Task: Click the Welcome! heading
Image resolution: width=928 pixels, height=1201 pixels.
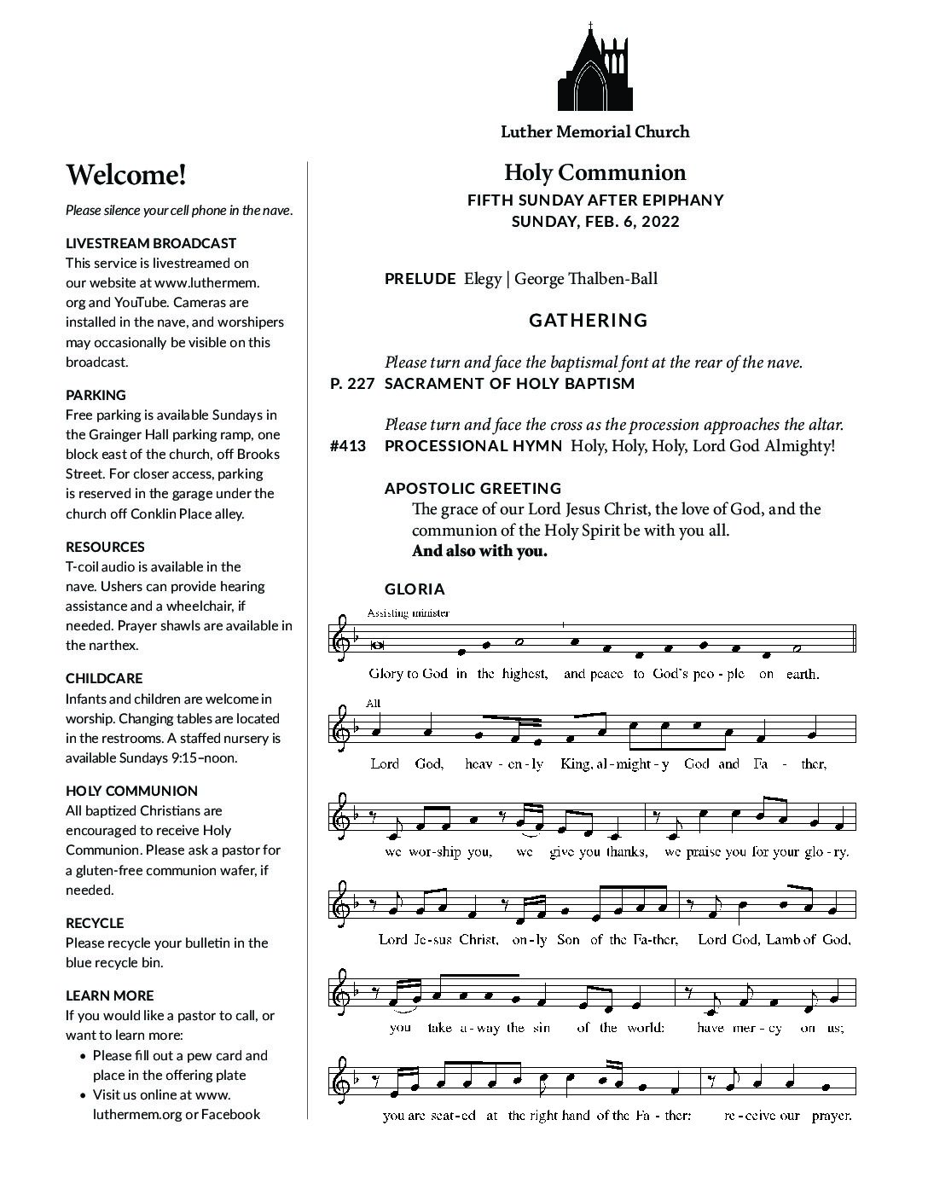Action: coord(126,175)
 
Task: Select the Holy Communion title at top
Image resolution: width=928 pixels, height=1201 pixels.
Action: coord(594,173)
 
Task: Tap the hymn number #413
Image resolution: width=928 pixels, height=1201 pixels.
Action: coord(347,446)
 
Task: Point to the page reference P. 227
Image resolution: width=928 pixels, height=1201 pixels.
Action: coord(352,384)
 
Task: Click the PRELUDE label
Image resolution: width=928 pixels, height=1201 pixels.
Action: coord(420,279)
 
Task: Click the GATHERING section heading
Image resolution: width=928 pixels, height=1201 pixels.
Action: coord(589,321)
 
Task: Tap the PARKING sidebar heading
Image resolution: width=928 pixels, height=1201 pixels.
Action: coord(96,395)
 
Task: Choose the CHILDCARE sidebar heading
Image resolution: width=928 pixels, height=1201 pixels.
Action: coord(104,679)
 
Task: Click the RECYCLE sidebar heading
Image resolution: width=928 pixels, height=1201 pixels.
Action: coord(95,923)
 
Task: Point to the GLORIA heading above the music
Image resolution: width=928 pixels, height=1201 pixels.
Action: coord(415,589)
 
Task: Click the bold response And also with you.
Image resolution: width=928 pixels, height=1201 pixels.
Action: coord(479,551)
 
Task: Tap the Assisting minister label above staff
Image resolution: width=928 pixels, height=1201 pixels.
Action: coord(408,612)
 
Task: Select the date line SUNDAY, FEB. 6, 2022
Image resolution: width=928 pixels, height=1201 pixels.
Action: coord(594,222)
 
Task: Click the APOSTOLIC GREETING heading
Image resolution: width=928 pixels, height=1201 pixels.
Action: coord(473,489)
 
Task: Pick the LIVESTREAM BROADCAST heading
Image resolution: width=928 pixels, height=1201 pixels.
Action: coord(151,243)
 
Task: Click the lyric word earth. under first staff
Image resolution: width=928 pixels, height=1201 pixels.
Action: coord(802,674)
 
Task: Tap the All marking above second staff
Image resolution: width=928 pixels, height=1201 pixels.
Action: coord(372,703)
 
